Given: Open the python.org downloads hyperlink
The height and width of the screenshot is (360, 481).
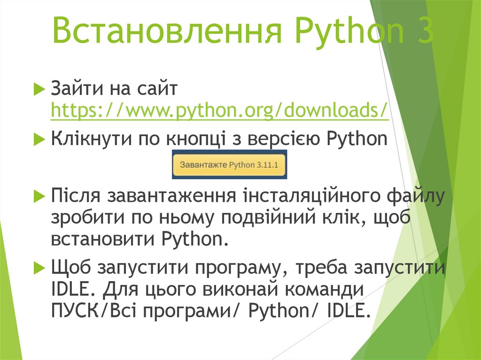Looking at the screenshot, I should pos(219,111).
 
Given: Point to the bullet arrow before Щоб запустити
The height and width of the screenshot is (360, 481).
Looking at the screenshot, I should pos(39,268).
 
